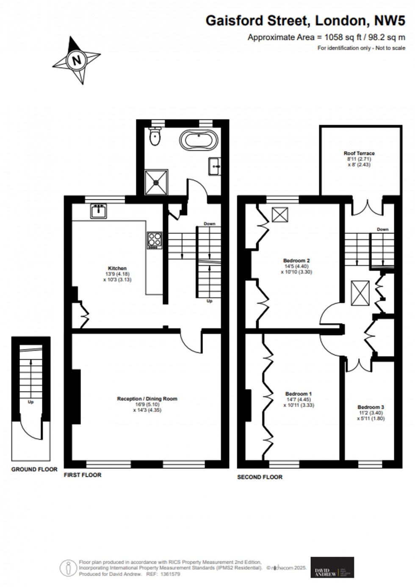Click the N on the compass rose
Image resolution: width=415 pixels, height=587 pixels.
[x=77, y=60]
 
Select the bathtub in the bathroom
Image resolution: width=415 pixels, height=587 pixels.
[x=199, y=139]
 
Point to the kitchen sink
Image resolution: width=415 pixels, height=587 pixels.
[x=98, y=211]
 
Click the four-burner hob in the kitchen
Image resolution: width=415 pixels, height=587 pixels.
[x=155, y=240]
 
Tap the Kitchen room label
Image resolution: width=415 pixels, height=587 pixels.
[x=117, y=268]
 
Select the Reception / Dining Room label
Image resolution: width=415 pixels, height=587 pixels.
[x=147, y=398]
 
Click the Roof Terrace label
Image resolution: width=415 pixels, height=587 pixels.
[x=359, y=153]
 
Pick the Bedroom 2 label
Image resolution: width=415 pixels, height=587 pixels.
[x=296, y=260]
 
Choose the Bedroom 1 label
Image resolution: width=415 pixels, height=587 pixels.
[x=299, y=394]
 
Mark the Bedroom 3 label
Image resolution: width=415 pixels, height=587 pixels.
[x=371, y=407]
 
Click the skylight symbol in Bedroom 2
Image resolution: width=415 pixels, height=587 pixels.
[x=279, y=214]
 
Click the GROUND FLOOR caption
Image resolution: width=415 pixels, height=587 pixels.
[x=34, y=469]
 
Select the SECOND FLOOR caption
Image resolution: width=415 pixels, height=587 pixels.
[x=260, y=477]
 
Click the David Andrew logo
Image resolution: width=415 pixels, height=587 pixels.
[x=332, y=567]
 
